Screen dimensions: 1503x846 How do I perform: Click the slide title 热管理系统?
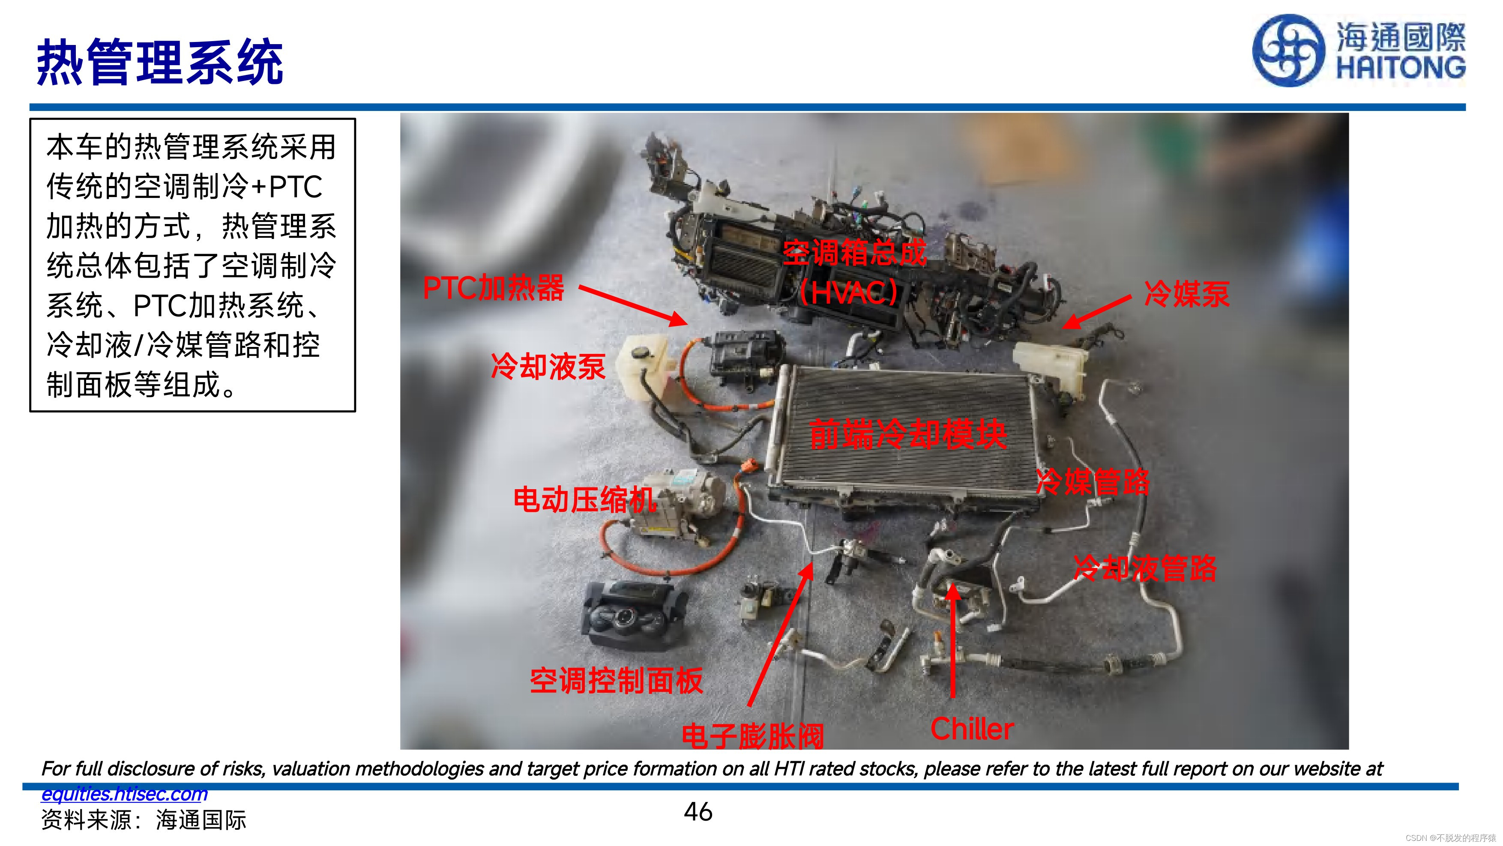pyautogui.click(x=160, y=63)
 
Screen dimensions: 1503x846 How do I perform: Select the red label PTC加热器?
pyautogui.click(x=494, y=288)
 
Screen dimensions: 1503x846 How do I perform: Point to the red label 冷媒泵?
pyautogui.click(x=1187, y=293)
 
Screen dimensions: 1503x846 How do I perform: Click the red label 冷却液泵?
pyautogui.click(x=548, y=366)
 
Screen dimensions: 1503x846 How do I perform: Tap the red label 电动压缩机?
pyautogui.click(x=585, y=500)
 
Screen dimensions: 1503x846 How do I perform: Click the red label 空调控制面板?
pyautogui.click(x=616, y=680)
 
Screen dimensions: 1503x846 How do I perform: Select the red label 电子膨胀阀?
pyautogui.click(x=753, y=736)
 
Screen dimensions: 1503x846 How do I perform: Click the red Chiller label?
pyautogui.click(x=972, y=729)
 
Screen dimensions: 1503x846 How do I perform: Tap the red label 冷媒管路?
pyautogui.click(x=1092, y=482)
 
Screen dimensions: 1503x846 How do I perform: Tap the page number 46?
pyautogui.click(x=698, y=812)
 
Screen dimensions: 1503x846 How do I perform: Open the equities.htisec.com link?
pyautogui.click(x=124, y=793)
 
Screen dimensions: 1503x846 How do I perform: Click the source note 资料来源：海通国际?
pyautogui.click(x=144, y=820)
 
